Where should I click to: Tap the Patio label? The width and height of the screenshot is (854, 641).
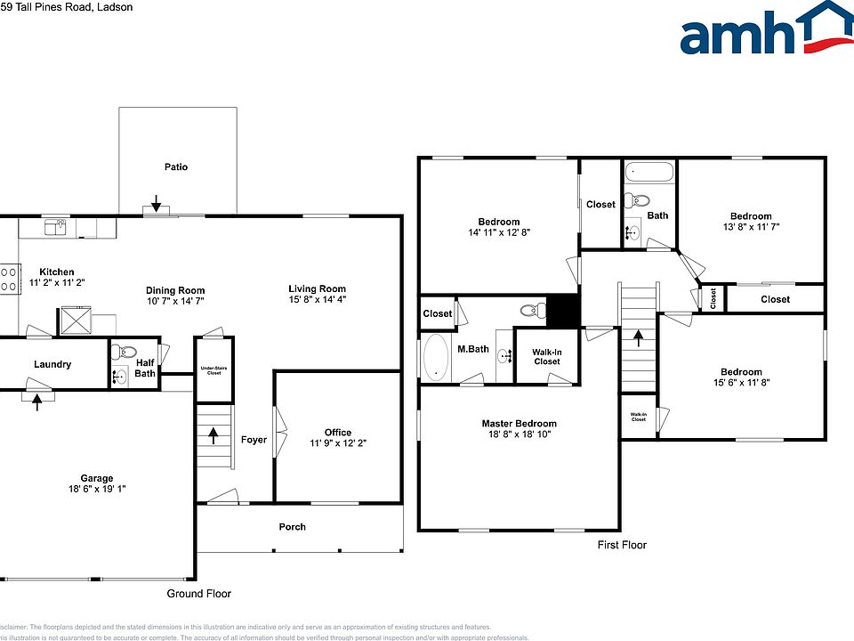click(176, 166)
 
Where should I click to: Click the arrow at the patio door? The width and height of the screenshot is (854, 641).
click(156, 203)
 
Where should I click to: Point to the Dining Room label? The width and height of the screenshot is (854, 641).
click(175, 290)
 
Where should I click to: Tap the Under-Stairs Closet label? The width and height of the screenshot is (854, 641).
click(213, 369)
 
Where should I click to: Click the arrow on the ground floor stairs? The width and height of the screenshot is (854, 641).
click(213, 435)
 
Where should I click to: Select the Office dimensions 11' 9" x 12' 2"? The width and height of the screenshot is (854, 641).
click(337, 443)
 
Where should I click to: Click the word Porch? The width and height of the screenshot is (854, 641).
click(292, 527)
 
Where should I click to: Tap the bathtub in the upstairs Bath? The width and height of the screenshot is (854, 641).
click(649, 172)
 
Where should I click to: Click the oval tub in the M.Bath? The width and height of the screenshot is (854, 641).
click(436, 358)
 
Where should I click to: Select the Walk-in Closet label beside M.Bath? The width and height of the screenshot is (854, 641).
click(546, 357)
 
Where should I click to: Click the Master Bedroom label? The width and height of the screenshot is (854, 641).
click(519, 424)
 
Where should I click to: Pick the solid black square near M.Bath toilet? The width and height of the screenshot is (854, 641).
click(562, 311)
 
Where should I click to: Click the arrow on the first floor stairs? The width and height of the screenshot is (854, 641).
click(637, 337)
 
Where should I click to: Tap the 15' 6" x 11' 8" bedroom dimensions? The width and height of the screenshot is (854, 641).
click(741, 383)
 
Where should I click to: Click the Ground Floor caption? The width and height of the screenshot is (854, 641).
click(198, 594)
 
